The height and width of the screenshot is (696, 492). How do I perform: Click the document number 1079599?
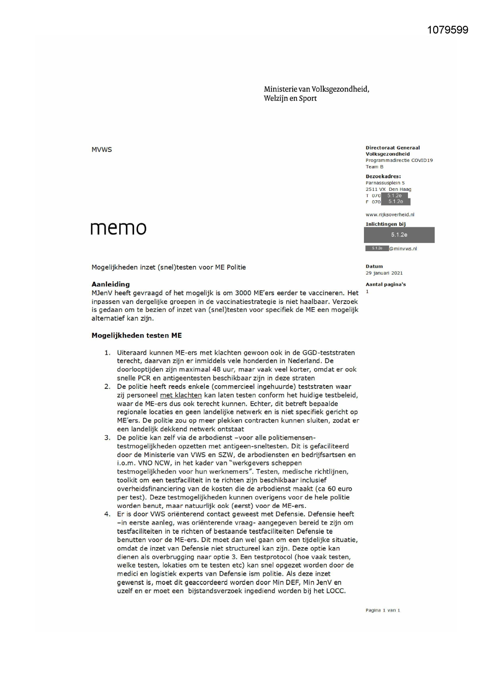coord(448,30)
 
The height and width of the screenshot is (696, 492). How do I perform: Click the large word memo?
coord(118,228)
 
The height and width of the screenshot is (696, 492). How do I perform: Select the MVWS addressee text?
coord(101,150)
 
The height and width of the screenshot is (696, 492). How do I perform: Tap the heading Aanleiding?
coord(111,284)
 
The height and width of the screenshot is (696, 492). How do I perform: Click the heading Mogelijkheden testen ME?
coord(136,335)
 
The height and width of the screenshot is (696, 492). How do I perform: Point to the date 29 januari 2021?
coord(384,273)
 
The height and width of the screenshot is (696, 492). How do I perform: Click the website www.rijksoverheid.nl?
coord(390,215)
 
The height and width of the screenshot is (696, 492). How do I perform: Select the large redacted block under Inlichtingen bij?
coord(399,235)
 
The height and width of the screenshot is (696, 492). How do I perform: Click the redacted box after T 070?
coord(394,196)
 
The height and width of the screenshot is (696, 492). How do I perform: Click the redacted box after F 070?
coord(395,202)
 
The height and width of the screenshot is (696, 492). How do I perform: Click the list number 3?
coord(107,438)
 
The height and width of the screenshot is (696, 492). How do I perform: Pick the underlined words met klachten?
coord(181,395)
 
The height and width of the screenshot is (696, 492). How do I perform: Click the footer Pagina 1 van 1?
coord(383,610)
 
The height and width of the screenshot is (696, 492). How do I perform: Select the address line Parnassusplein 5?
coord(385,183)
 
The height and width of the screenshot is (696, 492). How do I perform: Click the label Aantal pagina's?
coord(385,285)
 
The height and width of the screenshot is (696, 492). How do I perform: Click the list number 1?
coord(107,353)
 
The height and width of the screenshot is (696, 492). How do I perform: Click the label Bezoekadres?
coord(383,176)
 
